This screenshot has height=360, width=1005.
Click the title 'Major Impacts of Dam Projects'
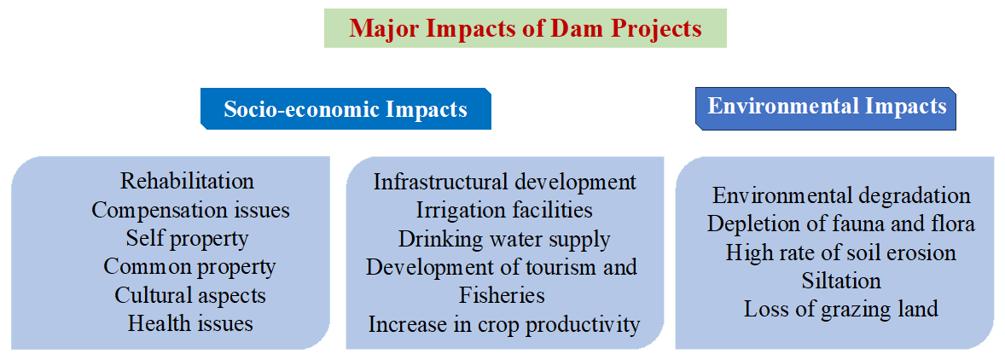coord(525,29)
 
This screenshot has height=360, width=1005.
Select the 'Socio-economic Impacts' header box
coord(346,109)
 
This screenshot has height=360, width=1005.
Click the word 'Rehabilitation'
coord(187,182)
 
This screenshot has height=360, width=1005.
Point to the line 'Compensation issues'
coord(190,210)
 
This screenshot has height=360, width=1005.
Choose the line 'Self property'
coord(187,238)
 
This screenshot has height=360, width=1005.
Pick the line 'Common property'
coord(189,266)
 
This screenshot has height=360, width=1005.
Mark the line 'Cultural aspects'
coord(190,294)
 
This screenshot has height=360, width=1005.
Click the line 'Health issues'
coord(190,322)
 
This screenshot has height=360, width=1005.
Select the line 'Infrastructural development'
coord(505,182)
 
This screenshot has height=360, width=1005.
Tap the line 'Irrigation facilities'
coord(504,210)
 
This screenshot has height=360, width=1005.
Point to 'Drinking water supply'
coord(504,239)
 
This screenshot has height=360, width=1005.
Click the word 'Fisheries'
coord(502,295)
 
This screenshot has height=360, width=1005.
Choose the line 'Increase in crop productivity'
coord(504,324)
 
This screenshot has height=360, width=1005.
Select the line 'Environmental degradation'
coord(841,195)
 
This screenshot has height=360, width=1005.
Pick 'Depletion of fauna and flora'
coord(841,224)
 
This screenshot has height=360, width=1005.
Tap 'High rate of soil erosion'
coord(841,253)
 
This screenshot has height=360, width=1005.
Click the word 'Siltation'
coord(841,281)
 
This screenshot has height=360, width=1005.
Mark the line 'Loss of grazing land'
coord(841,310)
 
